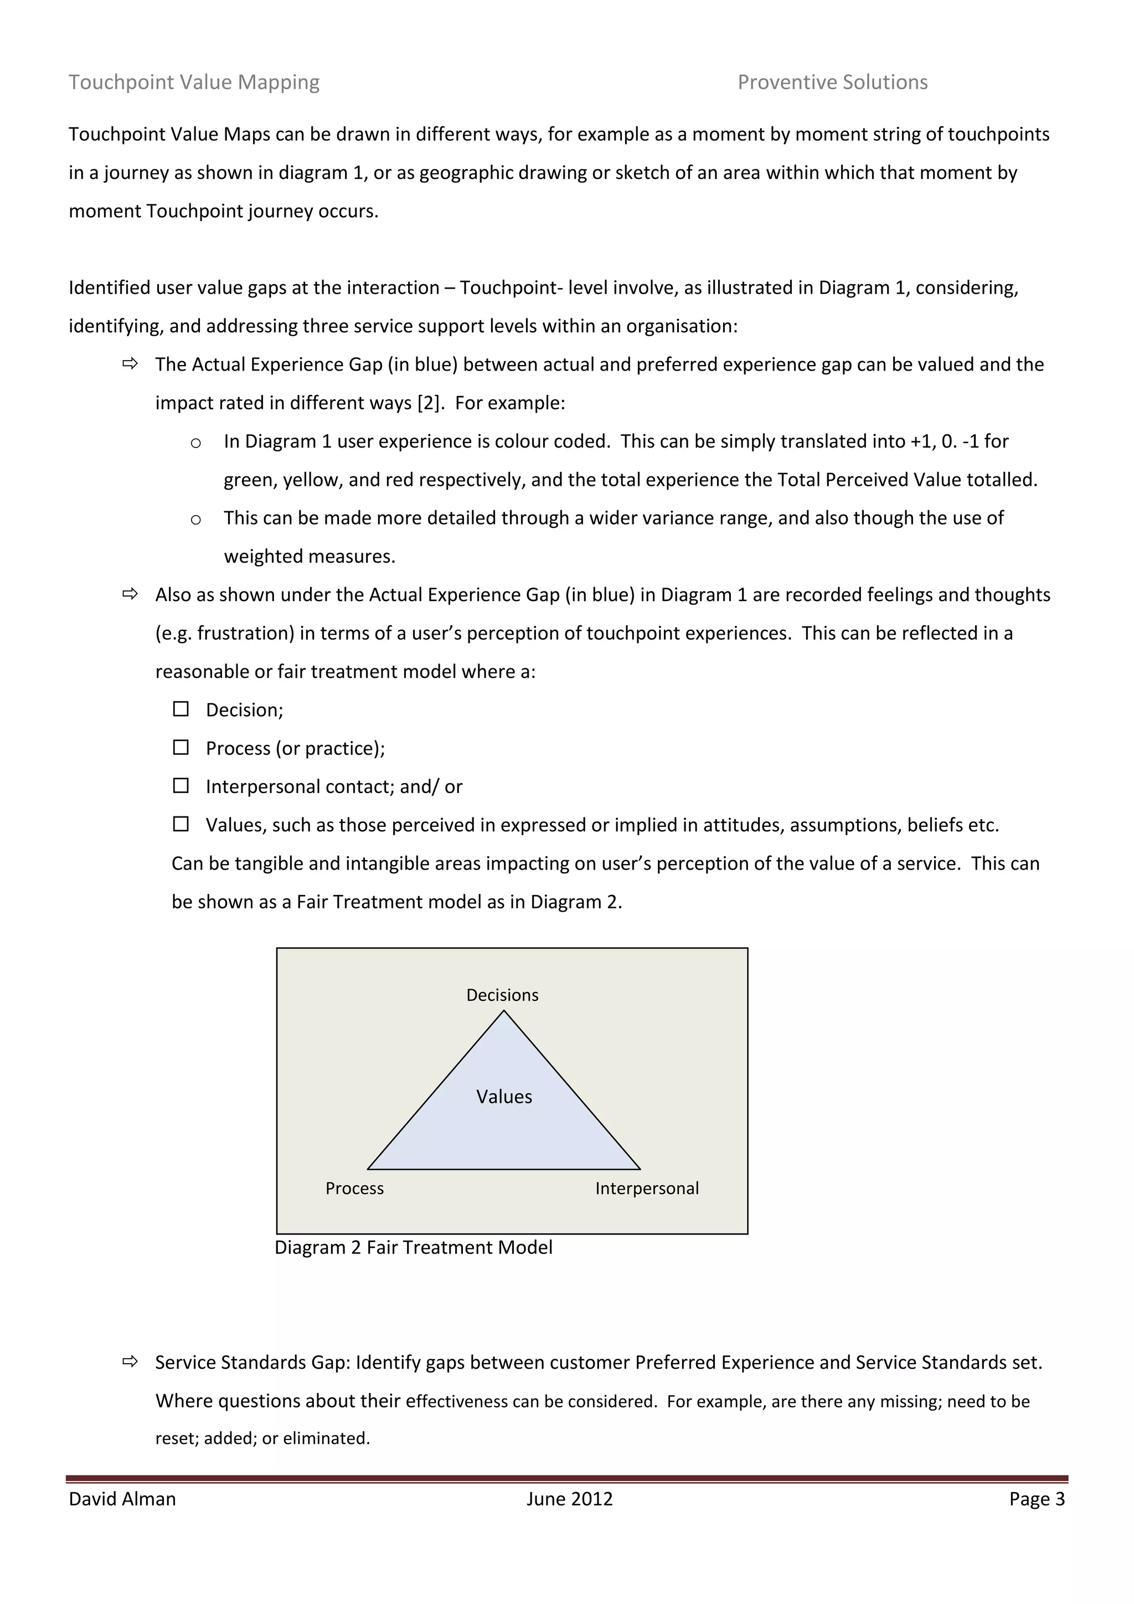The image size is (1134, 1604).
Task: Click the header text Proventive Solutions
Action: tap(832, 83)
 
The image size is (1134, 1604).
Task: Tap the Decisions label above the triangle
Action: tap(502, 995)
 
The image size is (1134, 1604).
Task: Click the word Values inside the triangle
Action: tap(504, 1097)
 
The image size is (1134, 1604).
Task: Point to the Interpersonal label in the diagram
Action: tap(647, 1189)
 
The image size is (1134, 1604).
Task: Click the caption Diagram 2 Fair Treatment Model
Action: tap(414, 1248)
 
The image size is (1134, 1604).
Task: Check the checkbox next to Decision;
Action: tap(181, 709)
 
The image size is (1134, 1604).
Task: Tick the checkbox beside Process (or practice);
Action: tap(181, 748)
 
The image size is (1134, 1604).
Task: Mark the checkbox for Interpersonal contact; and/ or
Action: tap(181, 786)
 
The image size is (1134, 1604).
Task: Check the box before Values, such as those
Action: tap(181, 824)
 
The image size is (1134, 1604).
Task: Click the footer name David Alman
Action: tap(122, 1499)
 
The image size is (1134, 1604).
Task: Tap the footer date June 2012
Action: tap(569, 1499)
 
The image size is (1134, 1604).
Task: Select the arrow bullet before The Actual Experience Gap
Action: tap(130, 363)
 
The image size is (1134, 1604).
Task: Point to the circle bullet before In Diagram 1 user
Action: tap(195, 443)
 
